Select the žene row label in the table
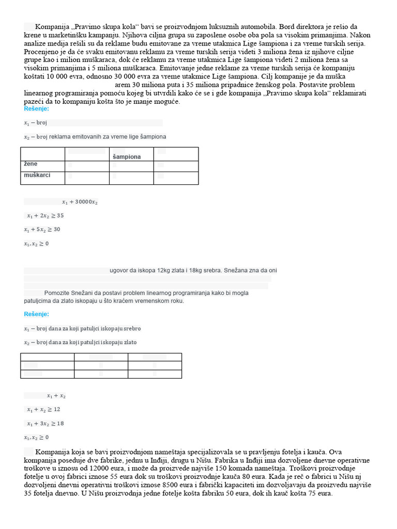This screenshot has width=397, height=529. (x=30, y=164)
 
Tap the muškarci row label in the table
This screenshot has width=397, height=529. (x=37, y=176)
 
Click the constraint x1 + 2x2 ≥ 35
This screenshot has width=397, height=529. (x=45, y=216)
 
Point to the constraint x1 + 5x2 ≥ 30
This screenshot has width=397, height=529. (x=42, y=229)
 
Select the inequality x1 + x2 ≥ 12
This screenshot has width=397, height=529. (x=43, y=409)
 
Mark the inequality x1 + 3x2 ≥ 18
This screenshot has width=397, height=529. (x=45, y=424)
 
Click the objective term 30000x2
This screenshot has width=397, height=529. (x=86, y=202)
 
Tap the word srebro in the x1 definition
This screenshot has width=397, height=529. (x=132, y=329)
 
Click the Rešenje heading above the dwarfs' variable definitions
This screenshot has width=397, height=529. (x=37, y=314)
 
